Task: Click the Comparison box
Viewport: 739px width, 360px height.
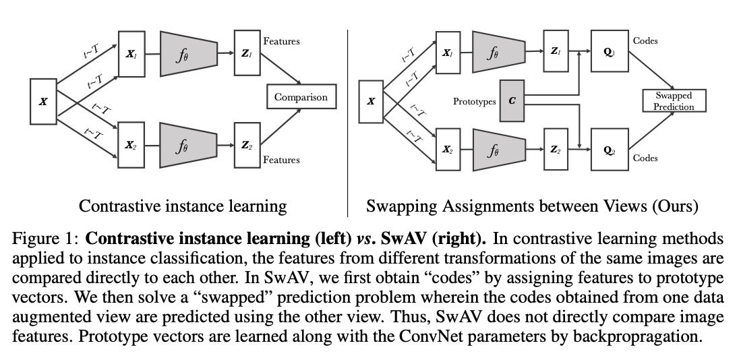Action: point(301,97)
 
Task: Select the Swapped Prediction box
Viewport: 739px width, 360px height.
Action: point(674,101)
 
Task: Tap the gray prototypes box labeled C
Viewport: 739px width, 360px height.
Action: point(511,102)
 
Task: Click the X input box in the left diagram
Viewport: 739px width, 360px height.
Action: point(44,102)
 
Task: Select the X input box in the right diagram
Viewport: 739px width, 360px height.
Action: point(371,102)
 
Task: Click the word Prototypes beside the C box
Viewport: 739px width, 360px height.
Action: point(474,102)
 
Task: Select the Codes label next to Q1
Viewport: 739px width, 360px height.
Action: point(645,41)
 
